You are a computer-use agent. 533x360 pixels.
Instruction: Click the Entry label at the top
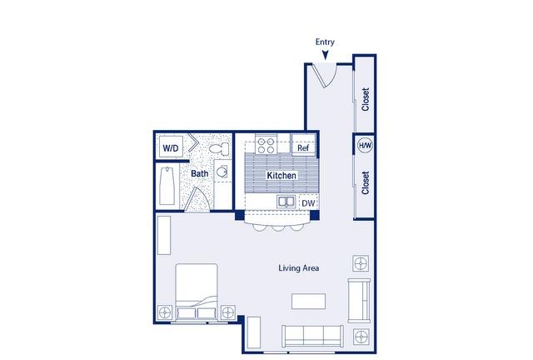tap(325, 42)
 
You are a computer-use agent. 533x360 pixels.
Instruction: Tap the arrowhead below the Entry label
tap(326, 55)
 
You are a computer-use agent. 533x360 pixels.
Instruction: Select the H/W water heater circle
tap(366, 146)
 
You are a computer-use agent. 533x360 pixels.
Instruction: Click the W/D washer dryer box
tap(171, 147)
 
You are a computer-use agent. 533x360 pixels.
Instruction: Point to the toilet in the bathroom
tap(219, 148)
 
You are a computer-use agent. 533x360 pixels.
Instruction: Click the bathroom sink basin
tap(222, 172)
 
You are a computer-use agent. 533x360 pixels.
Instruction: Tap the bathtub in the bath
tap(167, 186)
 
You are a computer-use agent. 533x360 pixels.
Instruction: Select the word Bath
tap(200, 173)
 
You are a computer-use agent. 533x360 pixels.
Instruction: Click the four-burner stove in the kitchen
tap(266, 146)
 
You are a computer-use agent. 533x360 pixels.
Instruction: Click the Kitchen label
tap(281, 176)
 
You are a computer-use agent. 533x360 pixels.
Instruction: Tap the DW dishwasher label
tap(308, 203)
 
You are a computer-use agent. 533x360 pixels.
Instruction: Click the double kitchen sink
tap(286, 202)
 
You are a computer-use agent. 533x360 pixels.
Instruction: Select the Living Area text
tap(299, 268)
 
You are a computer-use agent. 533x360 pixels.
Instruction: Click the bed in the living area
tap(197, 292)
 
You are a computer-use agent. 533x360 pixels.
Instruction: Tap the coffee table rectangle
tap(308, 302)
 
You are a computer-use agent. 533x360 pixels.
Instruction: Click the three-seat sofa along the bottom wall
tap(312, 337)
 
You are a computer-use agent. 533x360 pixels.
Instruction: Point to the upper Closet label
tap(366, 99)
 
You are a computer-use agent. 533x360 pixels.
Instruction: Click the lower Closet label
tap(366, 182)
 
